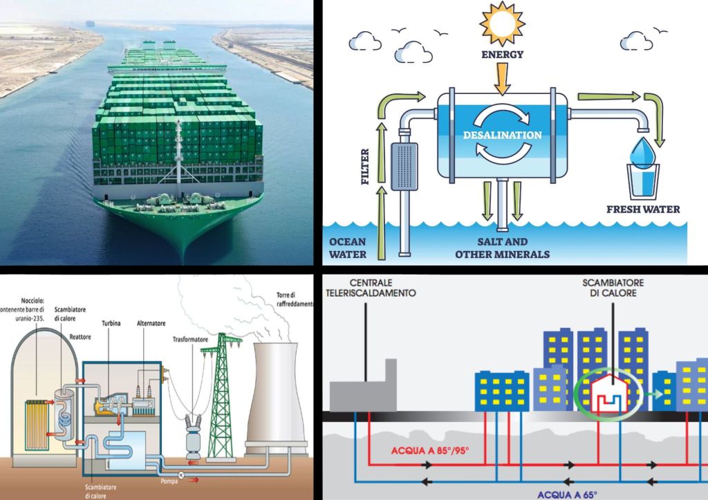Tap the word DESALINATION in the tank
502,134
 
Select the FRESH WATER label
643,209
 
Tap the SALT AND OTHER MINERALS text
502,248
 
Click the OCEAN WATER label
347,248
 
